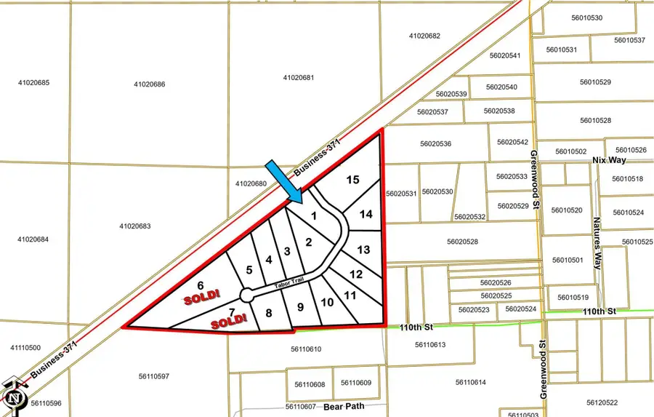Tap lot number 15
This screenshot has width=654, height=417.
pos(352,180)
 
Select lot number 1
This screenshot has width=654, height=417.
pos(314,215)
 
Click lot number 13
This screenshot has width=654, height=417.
pos(364,250)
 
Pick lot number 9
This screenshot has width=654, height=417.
pos(300,307)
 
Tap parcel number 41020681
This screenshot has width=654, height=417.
pos(299,77)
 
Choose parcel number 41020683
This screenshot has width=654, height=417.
pos(134,226)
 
